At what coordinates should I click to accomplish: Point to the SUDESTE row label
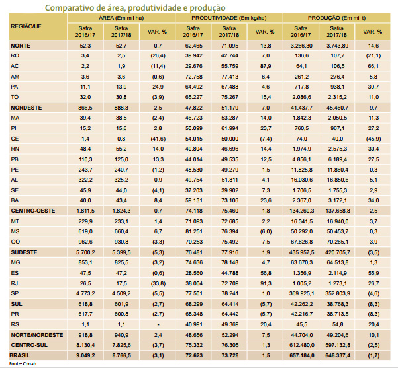click(24, 253)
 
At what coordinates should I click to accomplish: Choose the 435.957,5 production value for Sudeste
click(301, 253)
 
